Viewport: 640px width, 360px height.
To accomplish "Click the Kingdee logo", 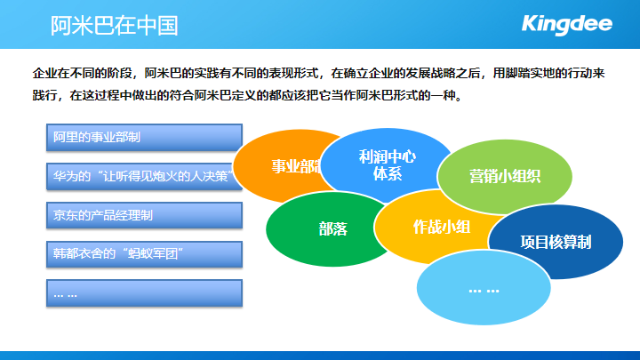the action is pyautogui.click(x=567, y=25).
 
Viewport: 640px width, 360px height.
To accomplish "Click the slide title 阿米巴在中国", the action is pyautogui.click(x=115, y=26).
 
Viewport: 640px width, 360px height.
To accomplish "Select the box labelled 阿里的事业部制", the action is pyautogui.click(x=145, y=137).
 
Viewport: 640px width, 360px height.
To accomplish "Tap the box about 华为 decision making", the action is pyautogui.click(x=145, y=176).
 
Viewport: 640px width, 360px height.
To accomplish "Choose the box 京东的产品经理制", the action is pyautogui.click(x=145, y=215).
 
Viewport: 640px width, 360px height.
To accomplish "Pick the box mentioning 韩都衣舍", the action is pyautogui.click(x=145, y=254).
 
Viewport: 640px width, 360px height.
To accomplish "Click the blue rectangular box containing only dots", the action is pyautogui.click(x=145, y=293).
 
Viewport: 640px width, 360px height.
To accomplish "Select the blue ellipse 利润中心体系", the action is pyautogui.click(x=387, y=164).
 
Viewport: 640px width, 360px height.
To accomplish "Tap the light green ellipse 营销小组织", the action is pyautogui.click(x=505, y=177).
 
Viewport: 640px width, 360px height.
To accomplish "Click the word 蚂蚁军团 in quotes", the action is pyautogui.click(x=153, y=254).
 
